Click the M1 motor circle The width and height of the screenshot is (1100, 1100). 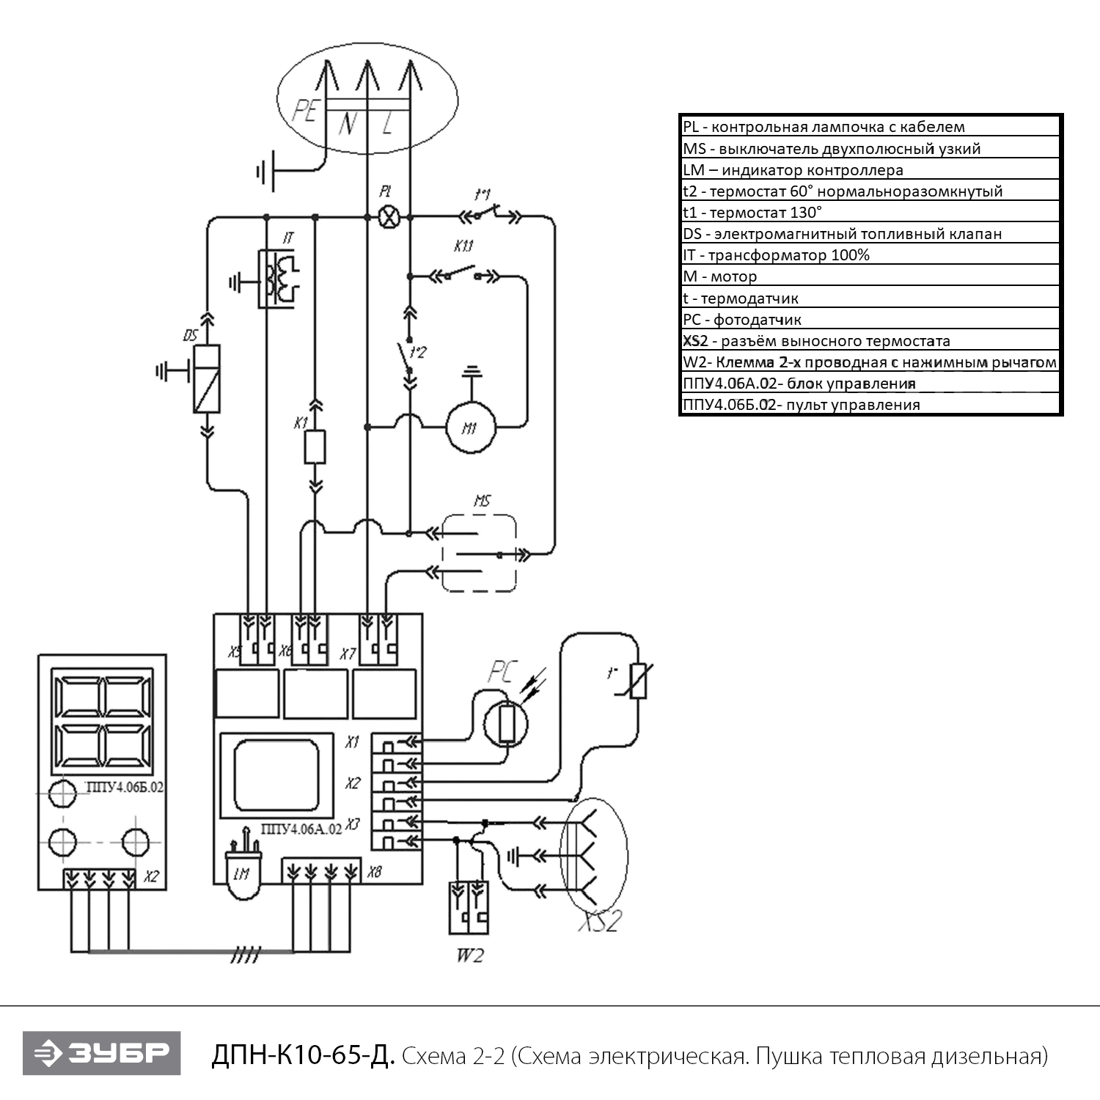click(472, 425)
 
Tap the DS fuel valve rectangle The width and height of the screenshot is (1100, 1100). click(207, 378)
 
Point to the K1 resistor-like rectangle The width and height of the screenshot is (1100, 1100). click(315, 447)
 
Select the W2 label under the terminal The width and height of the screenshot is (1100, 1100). click(469, 956)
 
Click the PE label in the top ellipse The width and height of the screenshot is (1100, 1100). click(304, 111)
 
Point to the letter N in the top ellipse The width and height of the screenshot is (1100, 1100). click(348, 126)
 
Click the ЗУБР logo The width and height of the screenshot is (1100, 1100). click(101, 1054)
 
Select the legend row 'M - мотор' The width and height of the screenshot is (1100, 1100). click(870, 276)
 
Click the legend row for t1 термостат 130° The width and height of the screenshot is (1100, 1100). click(870, 213)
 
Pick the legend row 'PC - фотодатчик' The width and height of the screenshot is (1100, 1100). click(870, 319)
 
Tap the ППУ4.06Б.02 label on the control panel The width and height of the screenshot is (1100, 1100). click(125, 788)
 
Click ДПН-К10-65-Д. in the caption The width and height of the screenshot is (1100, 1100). click(303, 1056)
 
